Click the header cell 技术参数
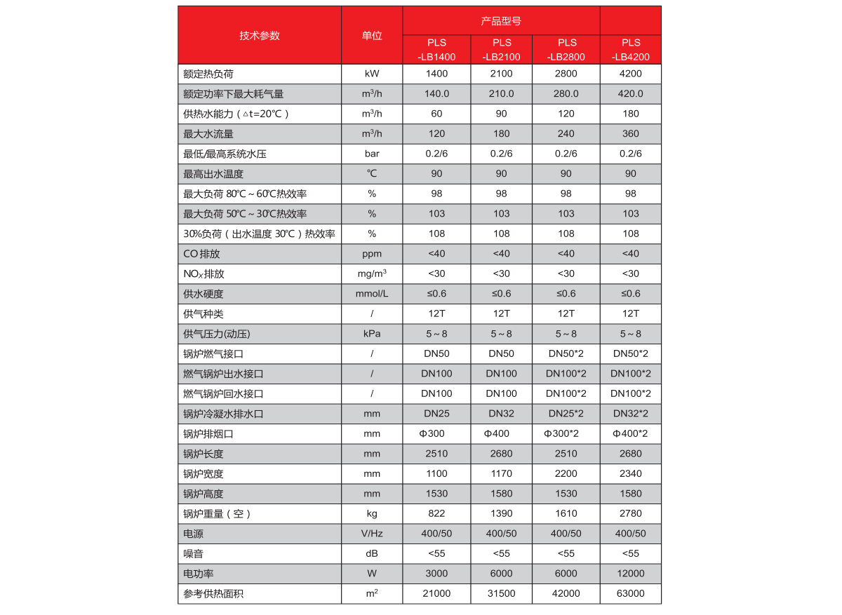259,36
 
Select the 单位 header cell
372,36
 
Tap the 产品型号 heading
501,21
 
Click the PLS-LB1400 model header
436,50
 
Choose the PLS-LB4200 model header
631,50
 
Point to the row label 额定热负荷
203,74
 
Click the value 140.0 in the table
436,94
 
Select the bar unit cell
372,154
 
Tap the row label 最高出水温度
213,174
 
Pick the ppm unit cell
372,254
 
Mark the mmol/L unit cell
372,294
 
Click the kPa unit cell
372,334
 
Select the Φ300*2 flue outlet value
566,433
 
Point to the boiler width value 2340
631,473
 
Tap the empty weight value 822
436,513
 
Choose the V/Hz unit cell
372,534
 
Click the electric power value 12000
631,574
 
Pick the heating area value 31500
501,593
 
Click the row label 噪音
193,553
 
